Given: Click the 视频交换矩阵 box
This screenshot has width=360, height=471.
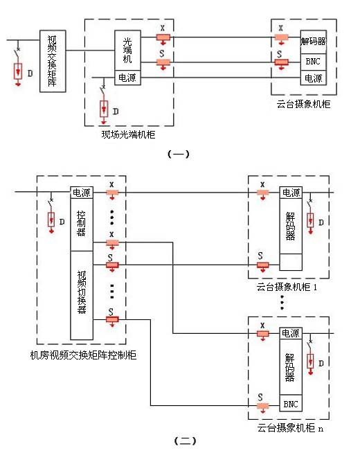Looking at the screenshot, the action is coord(53,61).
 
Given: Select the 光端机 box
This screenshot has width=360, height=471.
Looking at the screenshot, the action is coord(128,50).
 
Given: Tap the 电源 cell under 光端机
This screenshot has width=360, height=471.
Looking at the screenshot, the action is coord(128,78).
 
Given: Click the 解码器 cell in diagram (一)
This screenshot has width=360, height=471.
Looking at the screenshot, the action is coord(314,42).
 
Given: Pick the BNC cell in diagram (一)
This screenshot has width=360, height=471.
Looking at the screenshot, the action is coord(314,62).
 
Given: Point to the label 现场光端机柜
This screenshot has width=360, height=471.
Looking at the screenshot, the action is coord(128,134).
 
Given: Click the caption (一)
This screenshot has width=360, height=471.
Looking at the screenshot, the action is coord(179,154).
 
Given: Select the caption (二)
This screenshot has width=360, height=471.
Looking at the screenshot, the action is coord(185,441).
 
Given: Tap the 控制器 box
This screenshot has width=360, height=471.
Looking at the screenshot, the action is coord(82,224).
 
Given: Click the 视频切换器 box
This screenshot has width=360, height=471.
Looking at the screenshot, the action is coord(82,295).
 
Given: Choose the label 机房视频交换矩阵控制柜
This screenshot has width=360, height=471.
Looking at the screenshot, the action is coord(84,355).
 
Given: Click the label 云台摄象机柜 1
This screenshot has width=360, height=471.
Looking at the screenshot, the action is coord(287,287).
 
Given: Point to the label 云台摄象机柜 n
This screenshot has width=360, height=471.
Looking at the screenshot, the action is coord(290,428).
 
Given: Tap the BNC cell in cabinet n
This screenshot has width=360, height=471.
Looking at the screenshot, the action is coord(291,403).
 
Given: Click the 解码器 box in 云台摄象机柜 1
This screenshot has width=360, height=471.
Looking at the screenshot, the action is coord(291,226).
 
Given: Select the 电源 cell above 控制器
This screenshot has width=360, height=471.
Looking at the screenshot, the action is coord(82,193).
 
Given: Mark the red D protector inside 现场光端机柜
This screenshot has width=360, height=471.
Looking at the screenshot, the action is coord(104,109).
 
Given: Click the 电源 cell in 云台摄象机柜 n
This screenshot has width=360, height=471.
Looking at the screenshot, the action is coord(291,333).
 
